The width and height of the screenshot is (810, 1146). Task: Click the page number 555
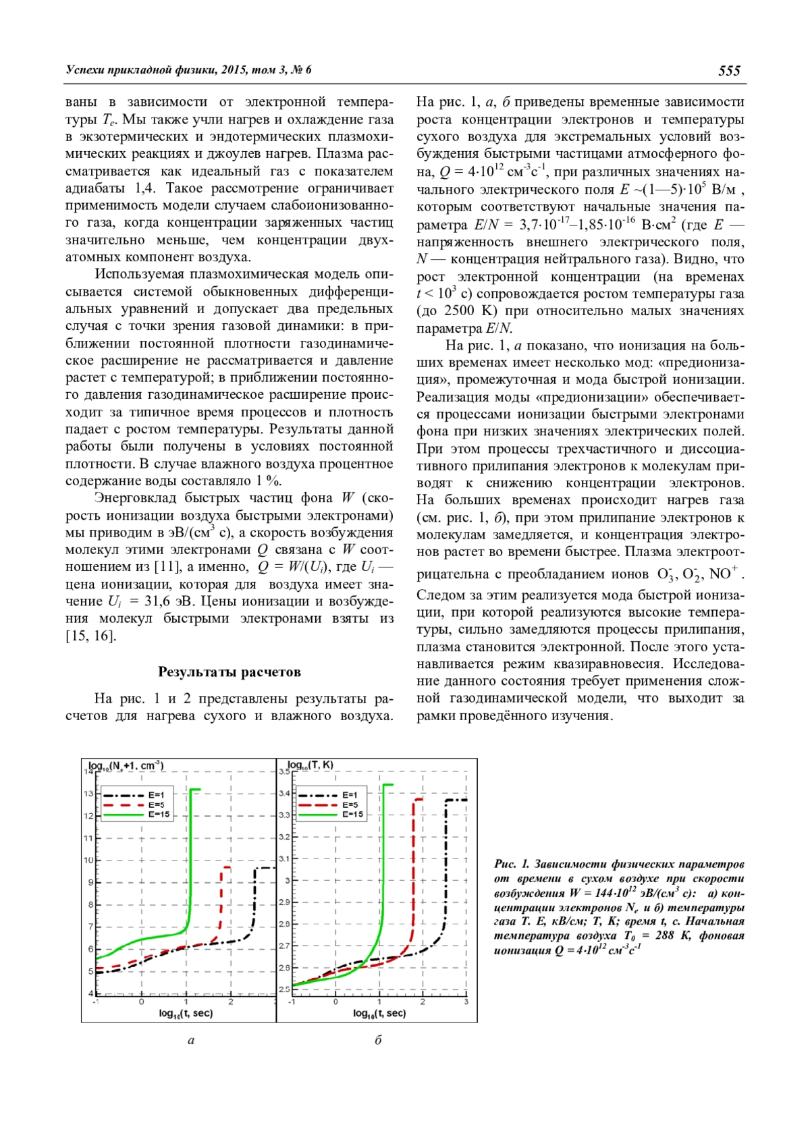click(x=729, y=71)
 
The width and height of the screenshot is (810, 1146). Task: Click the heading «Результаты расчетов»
click(x=230, y=672)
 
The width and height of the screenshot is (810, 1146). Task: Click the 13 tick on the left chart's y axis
click(x=88, y=793)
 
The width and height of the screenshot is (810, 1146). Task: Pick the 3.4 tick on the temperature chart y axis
click(x=283, y=793)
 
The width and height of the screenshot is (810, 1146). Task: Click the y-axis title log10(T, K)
click(x=310, y=765)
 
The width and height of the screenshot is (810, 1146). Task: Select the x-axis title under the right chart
click(x=379, y=1013)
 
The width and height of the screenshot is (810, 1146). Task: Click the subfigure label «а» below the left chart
click(x=191, y=1040)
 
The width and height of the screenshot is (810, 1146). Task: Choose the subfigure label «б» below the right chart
click(x=379, y=1040)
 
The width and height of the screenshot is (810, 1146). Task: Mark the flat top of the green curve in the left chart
click(x=196, y=789)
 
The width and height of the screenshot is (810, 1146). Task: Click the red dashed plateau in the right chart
click(x=418, y=799)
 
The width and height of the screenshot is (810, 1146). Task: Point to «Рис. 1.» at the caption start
click(x=512, y=864)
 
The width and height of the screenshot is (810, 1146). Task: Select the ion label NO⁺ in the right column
click(x=725, y=574)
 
